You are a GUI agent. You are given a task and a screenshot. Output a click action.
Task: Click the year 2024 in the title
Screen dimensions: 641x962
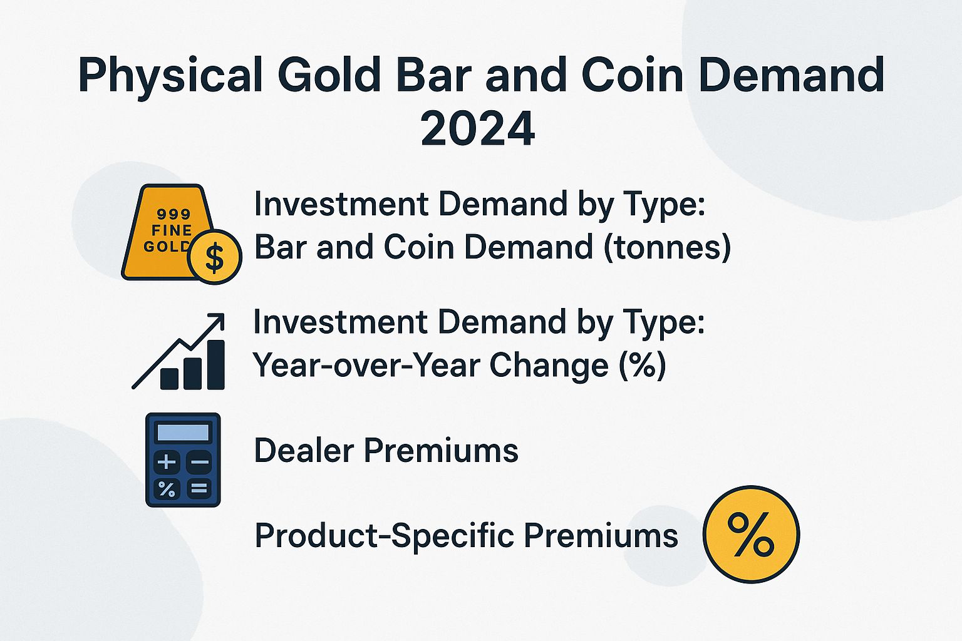477,128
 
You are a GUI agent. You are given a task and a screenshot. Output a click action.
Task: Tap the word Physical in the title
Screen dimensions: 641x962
169,75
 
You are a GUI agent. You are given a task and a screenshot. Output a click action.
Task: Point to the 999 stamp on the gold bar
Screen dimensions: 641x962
173,214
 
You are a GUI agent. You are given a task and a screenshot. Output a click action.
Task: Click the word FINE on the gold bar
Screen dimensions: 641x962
171,230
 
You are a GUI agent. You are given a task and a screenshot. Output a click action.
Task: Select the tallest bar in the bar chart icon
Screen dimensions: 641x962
215,365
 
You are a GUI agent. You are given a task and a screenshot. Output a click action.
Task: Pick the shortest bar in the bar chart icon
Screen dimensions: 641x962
169,378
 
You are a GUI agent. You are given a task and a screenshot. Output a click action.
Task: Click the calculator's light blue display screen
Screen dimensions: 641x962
182,433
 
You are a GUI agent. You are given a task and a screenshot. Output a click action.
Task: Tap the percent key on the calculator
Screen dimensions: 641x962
167,488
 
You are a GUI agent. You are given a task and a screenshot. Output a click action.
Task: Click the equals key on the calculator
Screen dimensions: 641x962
199,488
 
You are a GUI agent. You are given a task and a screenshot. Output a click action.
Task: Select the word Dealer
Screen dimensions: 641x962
304,451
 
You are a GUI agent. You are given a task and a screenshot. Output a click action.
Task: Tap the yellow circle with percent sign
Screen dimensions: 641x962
751,534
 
